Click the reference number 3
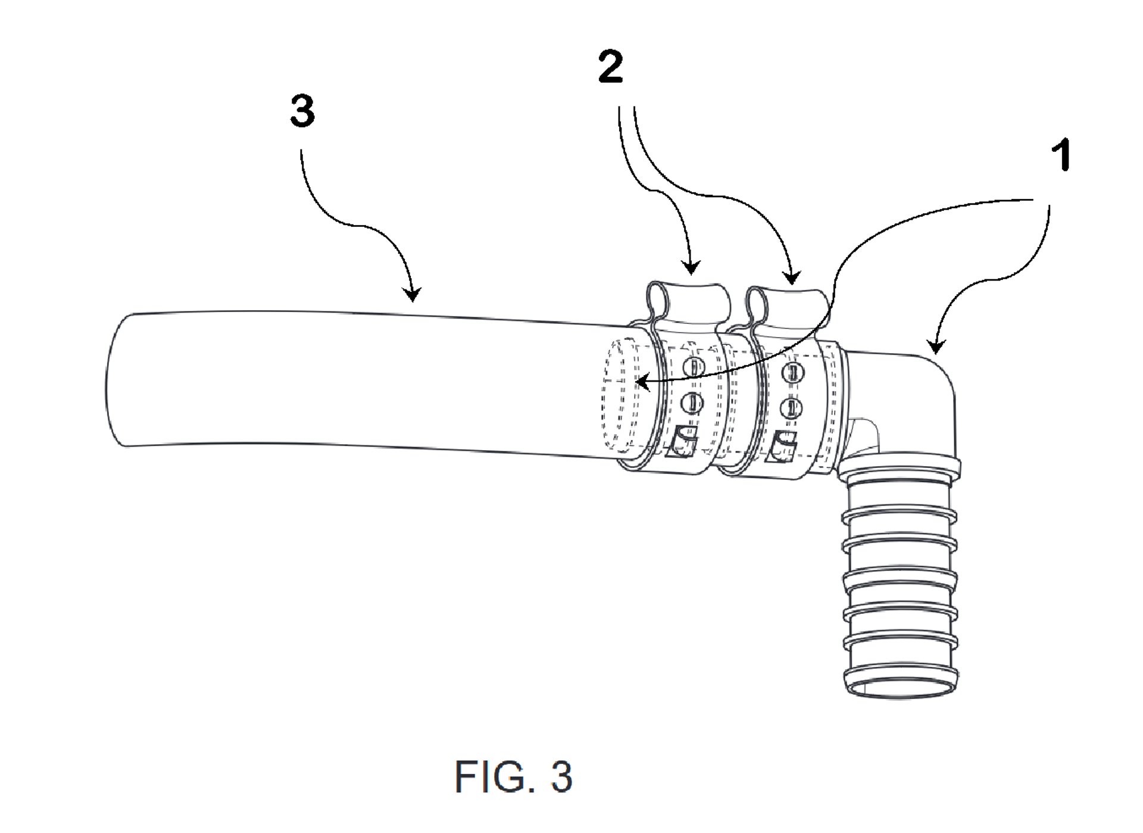point(302,111)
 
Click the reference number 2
point(611,67)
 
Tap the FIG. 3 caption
point(513,776)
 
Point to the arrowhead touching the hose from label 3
point(412,294)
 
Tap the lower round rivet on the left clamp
point(692,403)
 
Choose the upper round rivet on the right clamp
point(792,371)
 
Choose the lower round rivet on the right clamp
point(791,407)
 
